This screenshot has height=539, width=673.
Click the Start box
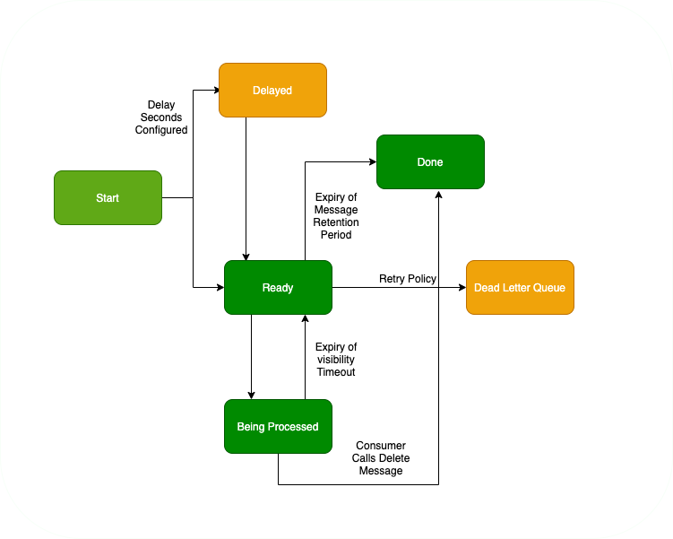[x=108, y=197]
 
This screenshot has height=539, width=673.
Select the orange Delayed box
[x=272, y=90]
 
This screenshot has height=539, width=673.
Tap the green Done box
[x=430, y=161]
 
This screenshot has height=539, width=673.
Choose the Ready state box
[x=278, y=287]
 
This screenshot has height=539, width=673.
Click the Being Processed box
[x=278, y=426]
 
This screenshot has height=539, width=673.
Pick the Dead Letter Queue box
[x=520, y=287]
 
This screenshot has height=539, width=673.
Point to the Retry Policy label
[x=408, y=279]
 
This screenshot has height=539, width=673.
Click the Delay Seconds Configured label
[x=161, y=117]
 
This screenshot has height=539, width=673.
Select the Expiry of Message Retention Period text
[x=336, y=216]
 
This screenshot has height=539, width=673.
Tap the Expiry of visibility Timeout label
[x=336, y=359]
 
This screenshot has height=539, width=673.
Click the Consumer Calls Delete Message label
[x=381, y=457]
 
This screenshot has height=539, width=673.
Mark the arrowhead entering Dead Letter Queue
[x=462, y=287]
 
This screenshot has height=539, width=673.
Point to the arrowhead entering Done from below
[x=439, y=194]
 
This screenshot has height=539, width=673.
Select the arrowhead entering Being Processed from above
[x=251, y=395]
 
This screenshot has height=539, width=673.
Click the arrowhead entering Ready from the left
[x=220, y=287]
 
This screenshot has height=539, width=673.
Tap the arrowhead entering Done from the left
[x=372, y=161]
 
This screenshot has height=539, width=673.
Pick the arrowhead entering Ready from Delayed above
[x=246, y=256]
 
